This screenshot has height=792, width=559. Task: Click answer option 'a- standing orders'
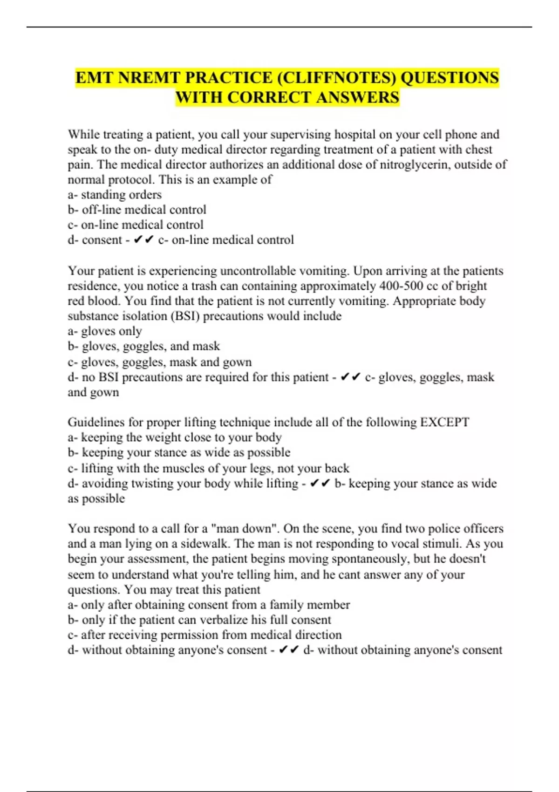coord(115,194)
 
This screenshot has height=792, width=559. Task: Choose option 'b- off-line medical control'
coord(137,210)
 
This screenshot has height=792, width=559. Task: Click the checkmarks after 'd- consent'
coord(143,240)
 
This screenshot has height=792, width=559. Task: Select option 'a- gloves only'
coord(105,331)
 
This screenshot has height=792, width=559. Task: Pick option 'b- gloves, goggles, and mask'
coord(143,346)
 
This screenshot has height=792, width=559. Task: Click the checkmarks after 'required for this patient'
coord(351,377)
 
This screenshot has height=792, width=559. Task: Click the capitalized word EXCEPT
coord(444,422)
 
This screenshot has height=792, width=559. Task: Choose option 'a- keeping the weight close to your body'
coord(175,437)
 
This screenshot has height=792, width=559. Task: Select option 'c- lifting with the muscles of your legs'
coord(208,468)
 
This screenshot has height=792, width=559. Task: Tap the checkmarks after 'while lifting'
coord(320,484)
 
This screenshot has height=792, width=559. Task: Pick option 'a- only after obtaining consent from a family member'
coord(209,605)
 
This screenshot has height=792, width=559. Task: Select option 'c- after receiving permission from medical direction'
coord(205,635)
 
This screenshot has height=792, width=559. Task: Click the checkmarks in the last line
coord(289,650)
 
